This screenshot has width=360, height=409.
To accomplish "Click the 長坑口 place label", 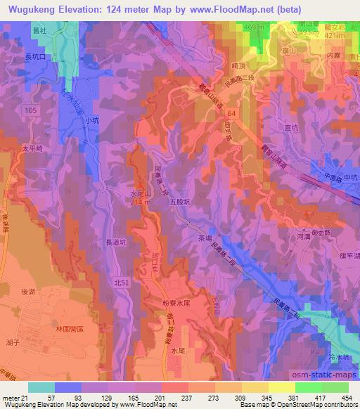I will [40, 58].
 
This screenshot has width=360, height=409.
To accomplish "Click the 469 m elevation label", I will [252, 27].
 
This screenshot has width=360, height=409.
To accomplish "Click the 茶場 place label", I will [205, 237].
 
